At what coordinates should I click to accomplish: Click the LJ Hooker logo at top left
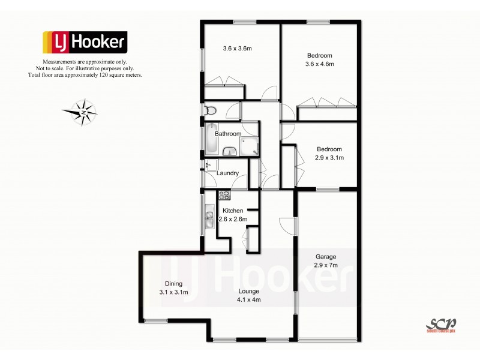(x=84, y=42)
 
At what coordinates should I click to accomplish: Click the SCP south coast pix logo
(x=440, y=324)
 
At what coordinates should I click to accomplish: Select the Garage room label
(x=326, y=256)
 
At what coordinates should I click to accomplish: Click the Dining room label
(x=173, y=284)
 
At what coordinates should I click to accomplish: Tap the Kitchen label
(x=233, y=211)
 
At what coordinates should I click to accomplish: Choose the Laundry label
(x=228, y=173)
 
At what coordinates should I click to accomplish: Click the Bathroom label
(x=228, y=134)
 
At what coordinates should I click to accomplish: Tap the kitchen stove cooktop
(x=224, y=194)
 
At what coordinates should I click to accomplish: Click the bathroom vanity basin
(x=230, y=151)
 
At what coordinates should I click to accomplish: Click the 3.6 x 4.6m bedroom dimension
(x=319, y=64)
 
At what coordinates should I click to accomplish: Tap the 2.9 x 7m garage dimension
(x=326, y=265)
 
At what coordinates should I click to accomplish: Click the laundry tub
(x=210, y=165)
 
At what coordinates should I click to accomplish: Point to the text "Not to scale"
(x=61, y=69)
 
